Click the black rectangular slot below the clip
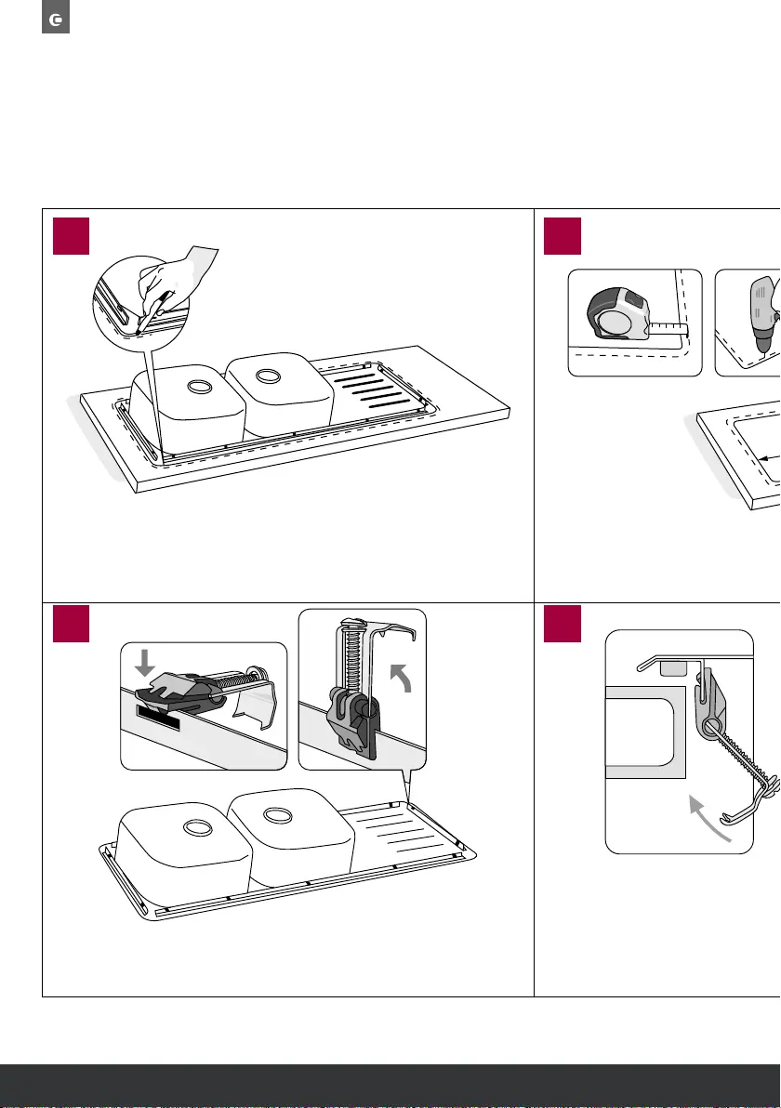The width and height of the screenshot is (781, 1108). coord(161,718)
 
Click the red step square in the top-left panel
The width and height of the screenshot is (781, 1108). coord(72,235)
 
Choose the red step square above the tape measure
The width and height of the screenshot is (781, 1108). coord(563,235)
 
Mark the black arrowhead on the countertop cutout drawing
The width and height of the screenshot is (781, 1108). coord(761,457)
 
